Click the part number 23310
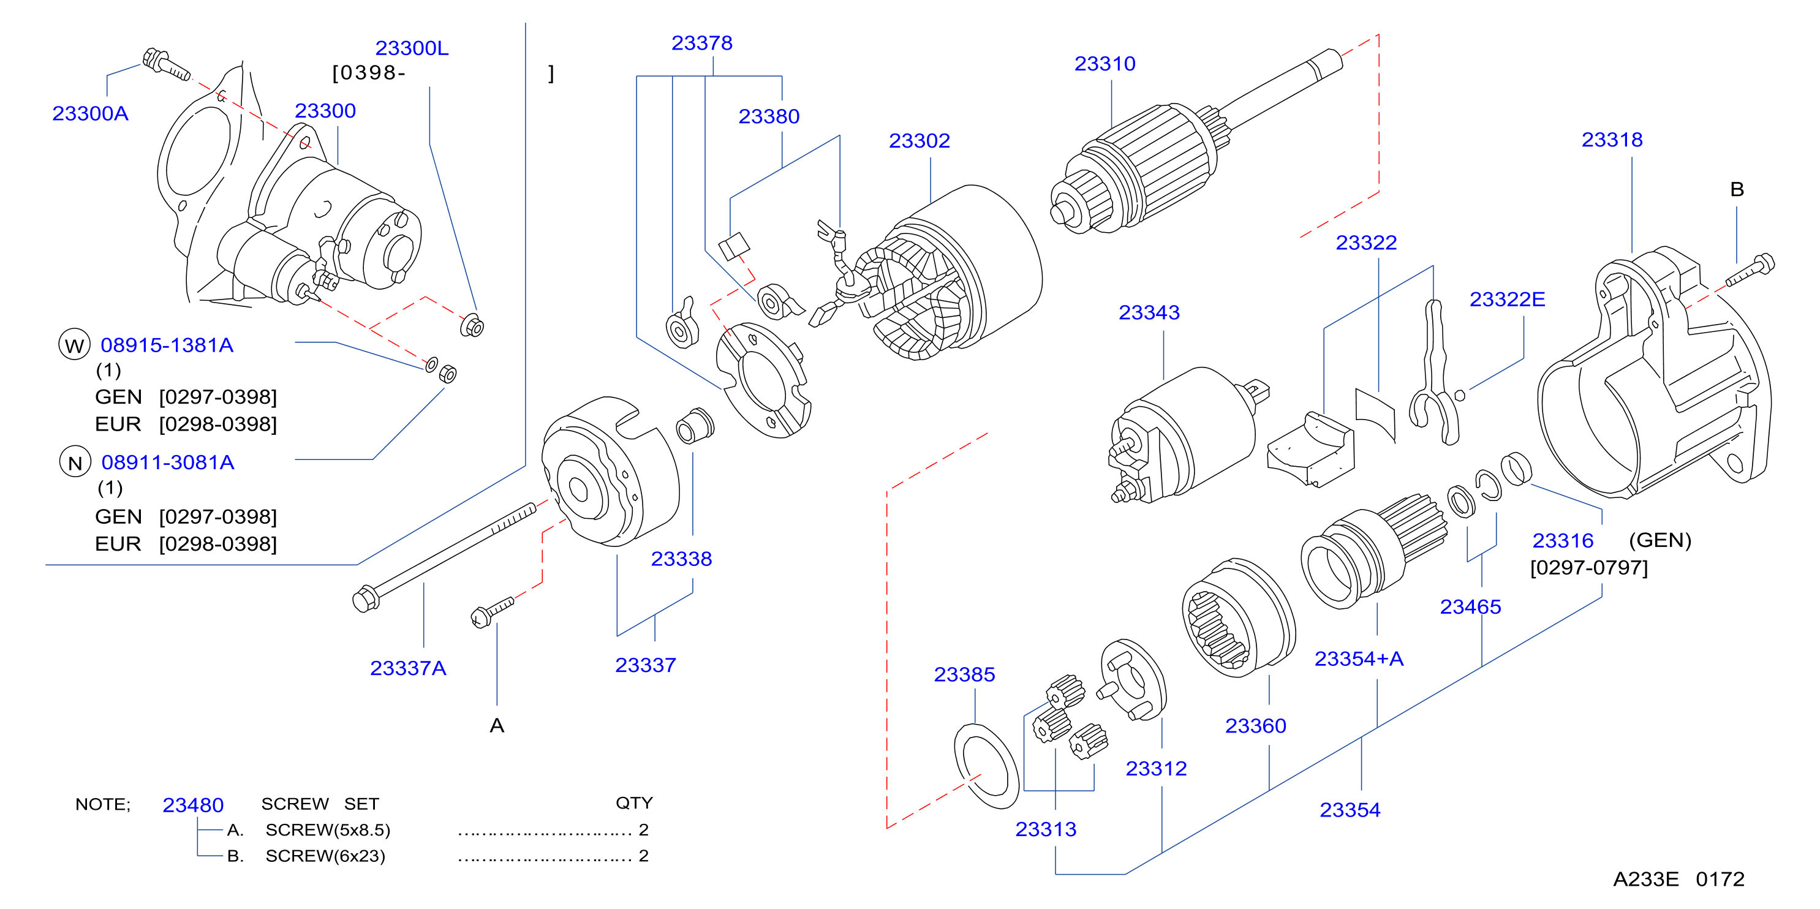click(x=1104, y=64)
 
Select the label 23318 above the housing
click(x=1612, y=139)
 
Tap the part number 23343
click(x=1149, y=312)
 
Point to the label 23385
click(x=964, y=674)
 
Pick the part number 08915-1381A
click(x=167, y=345)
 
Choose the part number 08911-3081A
click(x=167, y=462)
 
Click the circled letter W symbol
click(x=74, y=345)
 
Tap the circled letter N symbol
click(x=75, y=462)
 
